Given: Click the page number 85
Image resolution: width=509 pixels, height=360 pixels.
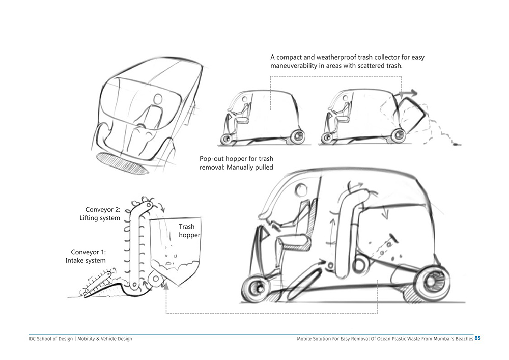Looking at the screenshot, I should pos(478,338).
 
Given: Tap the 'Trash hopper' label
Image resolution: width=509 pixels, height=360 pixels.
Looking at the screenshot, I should pos(189,231).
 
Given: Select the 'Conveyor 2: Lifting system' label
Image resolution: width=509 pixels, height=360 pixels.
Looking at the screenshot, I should pos(100,214).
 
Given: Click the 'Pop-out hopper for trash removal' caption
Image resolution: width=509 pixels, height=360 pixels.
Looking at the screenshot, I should pos(236,163).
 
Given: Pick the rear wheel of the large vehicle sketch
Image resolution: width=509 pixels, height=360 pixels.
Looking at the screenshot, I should pos(432,284).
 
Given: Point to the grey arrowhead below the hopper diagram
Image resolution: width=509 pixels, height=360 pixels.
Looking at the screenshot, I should pos(166,286).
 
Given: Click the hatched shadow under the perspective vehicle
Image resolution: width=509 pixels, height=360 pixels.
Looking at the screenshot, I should pos(123,162).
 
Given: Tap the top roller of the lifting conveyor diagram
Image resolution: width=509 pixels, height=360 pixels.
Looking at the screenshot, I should pos(148,205).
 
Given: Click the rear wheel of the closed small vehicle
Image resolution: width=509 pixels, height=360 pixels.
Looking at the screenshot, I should pos(298,136).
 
